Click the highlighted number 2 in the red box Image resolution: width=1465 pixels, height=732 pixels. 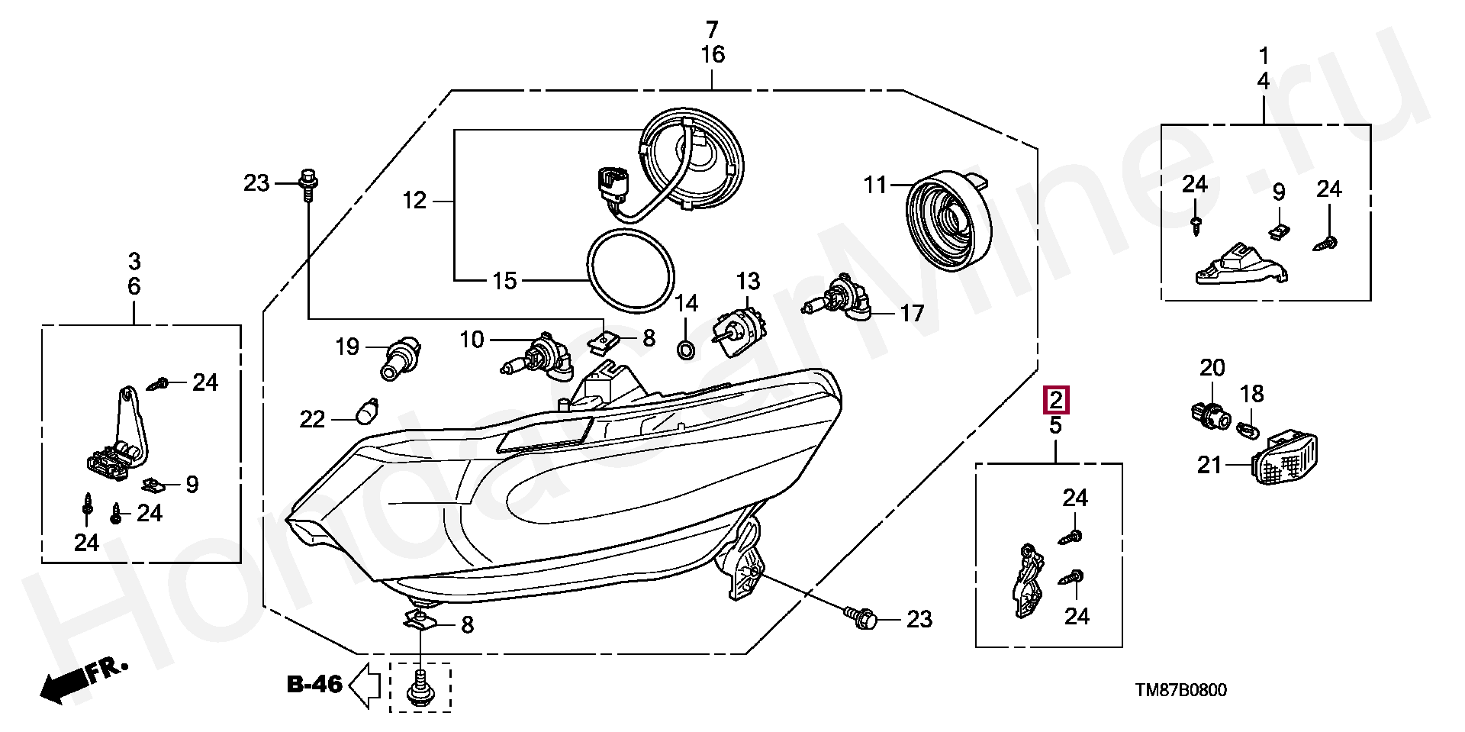pos(1056,399)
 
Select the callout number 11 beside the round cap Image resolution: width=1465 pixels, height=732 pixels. pos(876,185)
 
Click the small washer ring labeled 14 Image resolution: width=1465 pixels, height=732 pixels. pos(686,350)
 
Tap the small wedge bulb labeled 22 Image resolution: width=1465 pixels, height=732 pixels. pos(368,410)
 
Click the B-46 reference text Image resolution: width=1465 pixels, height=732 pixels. pos(314,685)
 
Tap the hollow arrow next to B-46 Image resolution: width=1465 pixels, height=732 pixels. pos(365,685)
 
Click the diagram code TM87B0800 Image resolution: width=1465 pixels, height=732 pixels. pos(1181,691)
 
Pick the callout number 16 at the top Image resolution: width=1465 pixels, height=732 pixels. pos(712,55)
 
